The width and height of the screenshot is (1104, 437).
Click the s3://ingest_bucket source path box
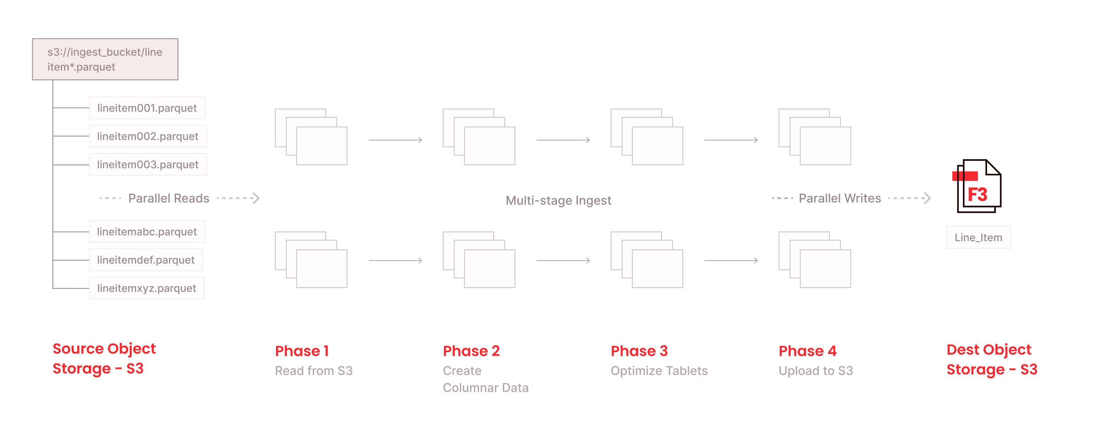[x=105, y=59]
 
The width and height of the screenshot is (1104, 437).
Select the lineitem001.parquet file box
[x=147, y=108]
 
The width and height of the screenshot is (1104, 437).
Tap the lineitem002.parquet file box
[x=148, y=136]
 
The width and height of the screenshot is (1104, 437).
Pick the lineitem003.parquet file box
[x=148, y=165]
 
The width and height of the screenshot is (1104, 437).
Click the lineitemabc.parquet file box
[x=147, y=232]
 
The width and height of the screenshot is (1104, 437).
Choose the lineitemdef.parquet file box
[x=146, y=260]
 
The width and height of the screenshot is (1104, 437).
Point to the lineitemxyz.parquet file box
[x=147, y=288]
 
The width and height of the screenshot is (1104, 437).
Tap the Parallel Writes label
[x=840, y=198]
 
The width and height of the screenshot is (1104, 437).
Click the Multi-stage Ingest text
[x=558, y=200]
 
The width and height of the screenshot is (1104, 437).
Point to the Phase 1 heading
[x=302, y=351]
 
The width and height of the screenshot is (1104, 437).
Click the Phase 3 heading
[x=639, y=351]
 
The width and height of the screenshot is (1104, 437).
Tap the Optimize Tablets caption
[x=659, y=371]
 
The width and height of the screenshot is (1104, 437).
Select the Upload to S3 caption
[x=816, y=371]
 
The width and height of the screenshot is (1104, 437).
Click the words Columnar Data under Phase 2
[x=486, y=388]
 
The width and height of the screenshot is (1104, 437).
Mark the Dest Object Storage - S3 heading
[x=992, y=360]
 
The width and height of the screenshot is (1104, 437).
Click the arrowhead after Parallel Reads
[x=256, y=198]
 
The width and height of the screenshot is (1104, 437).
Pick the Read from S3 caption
[x=314, y=371]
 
